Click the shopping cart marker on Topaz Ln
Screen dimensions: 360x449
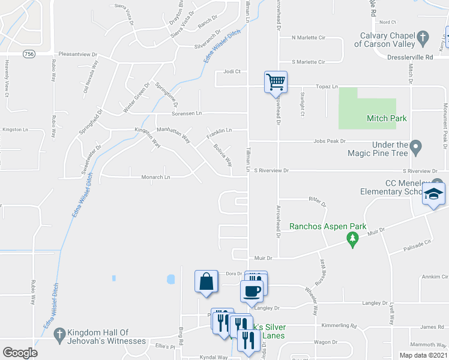276,82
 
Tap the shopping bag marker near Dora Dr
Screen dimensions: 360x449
206,281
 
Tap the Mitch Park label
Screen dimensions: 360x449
387,118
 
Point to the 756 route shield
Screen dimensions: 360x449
28,54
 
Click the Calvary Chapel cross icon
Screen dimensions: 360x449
423,38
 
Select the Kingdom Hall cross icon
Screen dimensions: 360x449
59,334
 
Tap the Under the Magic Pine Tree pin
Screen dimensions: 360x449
416,146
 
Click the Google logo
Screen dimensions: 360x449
20,352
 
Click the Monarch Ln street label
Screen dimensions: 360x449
155,177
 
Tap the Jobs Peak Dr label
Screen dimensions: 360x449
328,141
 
